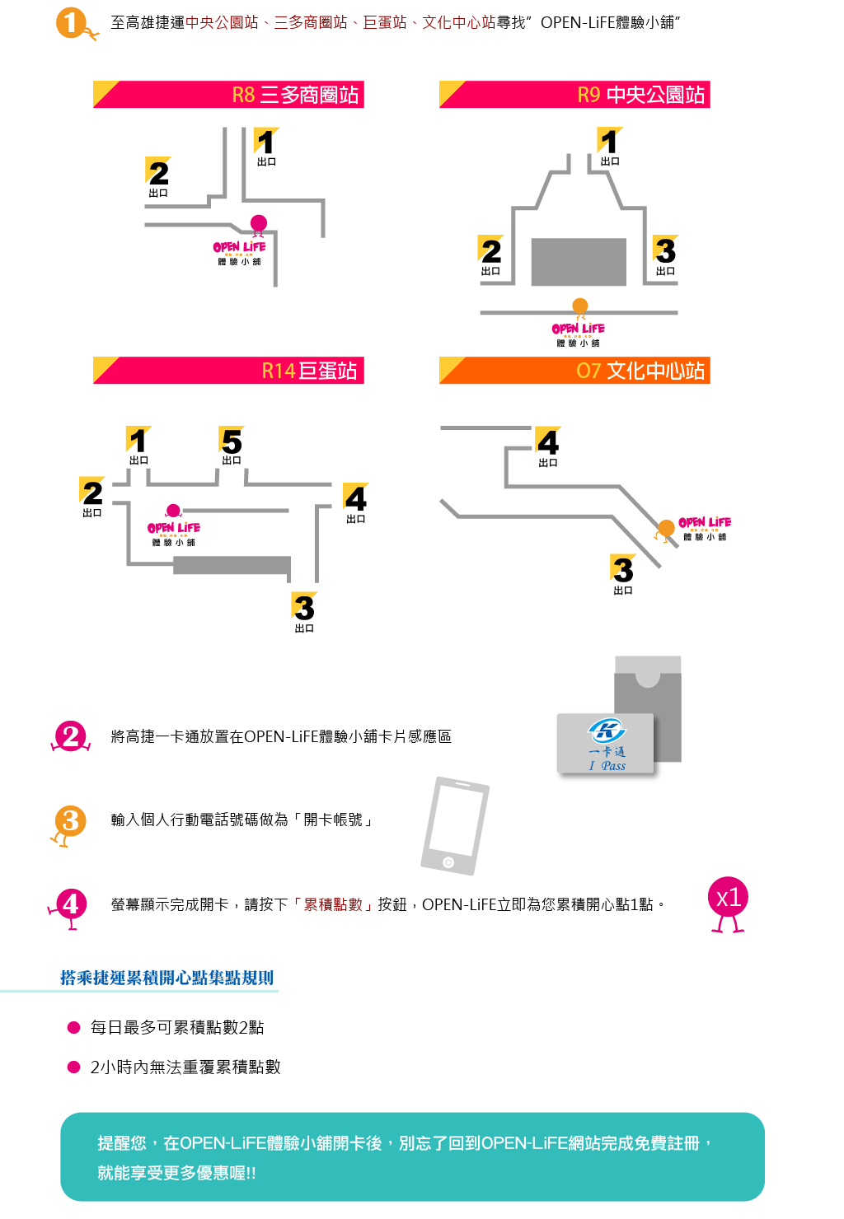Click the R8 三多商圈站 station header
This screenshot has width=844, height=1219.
(x=228, y=94)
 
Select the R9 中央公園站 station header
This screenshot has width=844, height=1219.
(x=574, y=94)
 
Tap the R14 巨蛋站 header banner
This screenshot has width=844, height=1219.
(x=228, y=370)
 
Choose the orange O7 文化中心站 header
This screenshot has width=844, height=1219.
(x=574, y=370)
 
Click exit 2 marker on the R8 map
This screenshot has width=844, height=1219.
(x=158, y=176)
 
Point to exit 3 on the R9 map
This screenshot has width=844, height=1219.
(x=665, y=255)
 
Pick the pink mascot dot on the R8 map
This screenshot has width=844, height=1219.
(x=259, y=224)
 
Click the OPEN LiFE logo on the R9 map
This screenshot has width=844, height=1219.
(x=578, y=334)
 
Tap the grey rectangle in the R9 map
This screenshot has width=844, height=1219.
(x=579, y=261)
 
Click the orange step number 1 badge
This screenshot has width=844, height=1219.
(x=75, y=24)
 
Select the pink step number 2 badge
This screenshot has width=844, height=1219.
(x=71, y=736)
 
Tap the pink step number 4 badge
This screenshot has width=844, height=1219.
(x=69, y=907)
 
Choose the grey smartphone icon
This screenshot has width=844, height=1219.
(x=455, y=825)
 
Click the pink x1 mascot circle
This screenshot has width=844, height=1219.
(x=728, y=904)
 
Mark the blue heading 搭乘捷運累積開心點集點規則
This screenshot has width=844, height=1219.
(x=166, y=978)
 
